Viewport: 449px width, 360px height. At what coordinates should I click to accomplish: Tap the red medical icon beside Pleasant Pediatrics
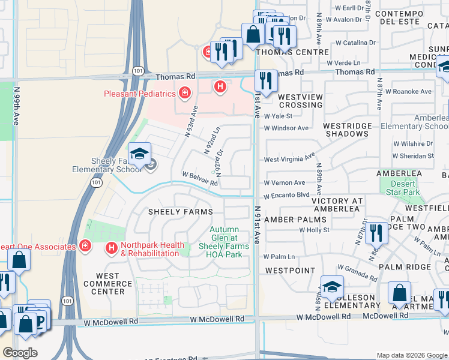point(184,93)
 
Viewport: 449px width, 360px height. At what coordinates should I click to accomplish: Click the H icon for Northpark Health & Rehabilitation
point(112,247)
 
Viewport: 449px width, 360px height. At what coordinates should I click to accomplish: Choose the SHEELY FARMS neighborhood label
point(180,212)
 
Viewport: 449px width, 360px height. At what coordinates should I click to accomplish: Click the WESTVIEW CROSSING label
point(300,101)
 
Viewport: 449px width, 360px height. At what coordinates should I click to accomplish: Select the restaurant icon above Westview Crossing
point(265,80)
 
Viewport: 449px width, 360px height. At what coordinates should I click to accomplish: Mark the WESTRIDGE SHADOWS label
point(345,130)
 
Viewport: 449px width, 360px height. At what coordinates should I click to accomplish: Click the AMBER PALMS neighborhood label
point(295,220)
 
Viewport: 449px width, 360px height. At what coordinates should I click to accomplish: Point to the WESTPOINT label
point(290,271)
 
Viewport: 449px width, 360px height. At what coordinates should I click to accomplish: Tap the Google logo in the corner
point(20,353)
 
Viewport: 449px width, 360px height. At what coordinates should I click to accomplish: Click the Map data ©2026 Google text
point(412,355)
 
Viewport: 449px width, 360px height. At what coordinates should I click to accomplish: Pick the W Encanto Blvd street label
point(286,196)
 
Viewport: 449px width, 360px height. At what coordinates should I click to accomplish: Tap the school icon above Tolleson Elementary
point(331,287)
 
